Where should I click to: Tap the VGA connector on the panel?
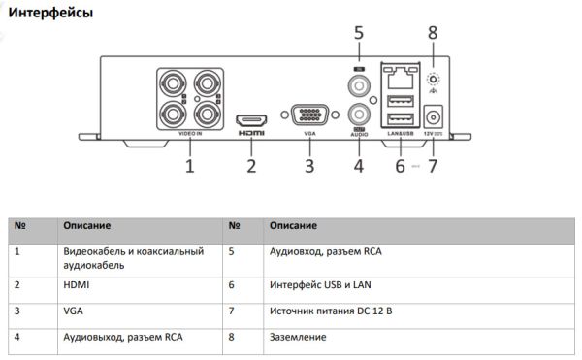(309, 115)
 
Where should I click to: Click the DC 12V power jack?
(434, 116)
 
